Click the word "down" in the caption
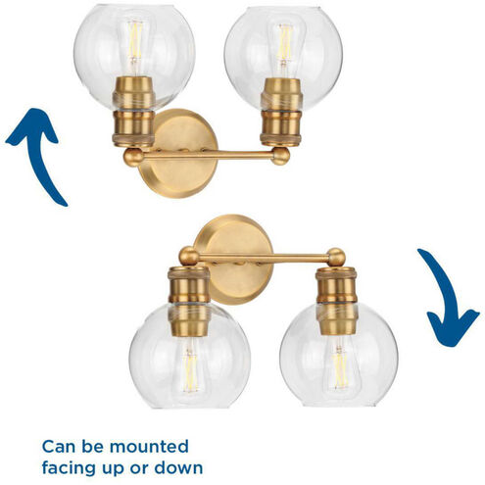[178, 468]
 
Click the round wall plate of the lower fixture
[234, 260]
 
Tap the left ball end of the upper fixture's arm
[133, 157]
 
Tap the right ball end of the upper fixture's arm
[281, 156]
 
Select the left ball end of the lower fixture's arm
[189, 256]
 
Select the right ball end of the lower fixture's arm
[336, 257]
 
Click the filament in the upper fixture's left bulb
[134, 41]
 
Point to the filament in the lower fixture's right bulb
[340, 369]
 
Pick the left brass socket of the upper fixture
[133, 111]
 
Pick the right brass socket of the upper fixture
[281, 112]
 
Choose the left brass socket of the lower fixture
[189, 301]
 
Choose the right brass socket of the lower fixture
[337, 301]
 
